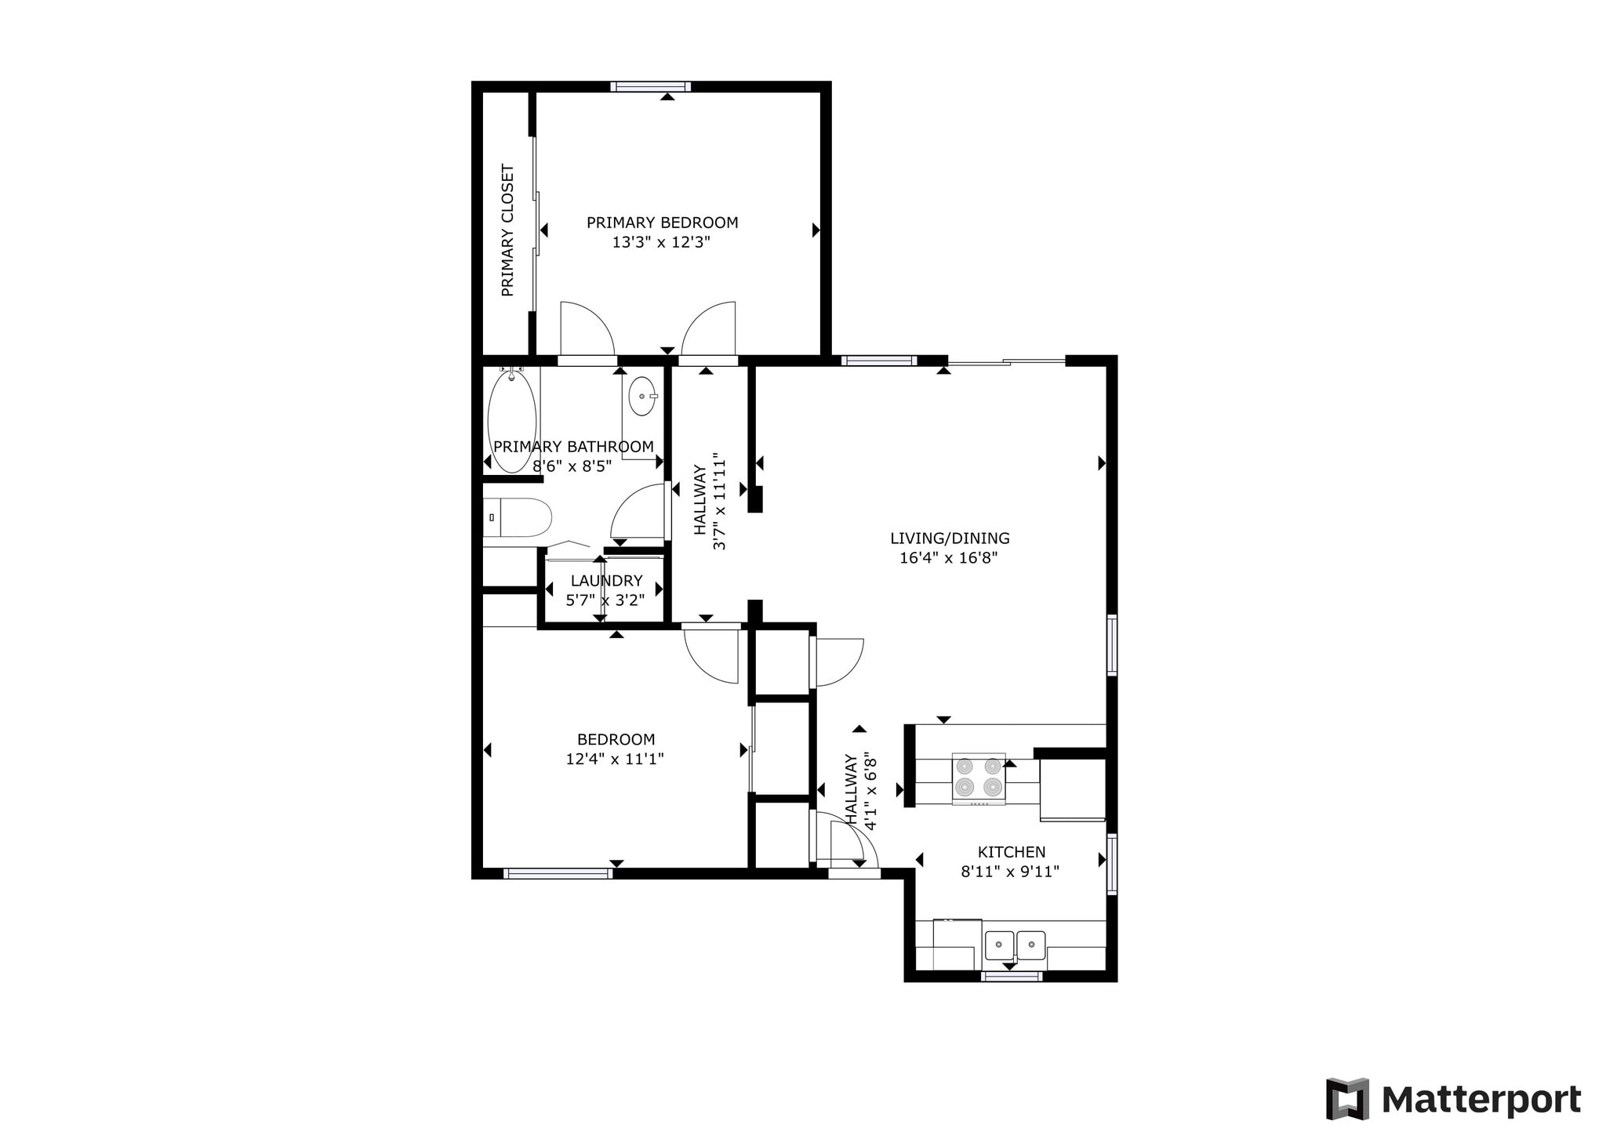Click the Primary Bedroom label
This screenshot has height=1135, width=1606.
point(663,223)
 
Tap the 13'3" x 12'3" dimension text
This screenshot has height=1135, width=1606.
point(661,242)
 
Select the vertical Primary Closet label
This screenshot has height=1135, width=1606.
point(507,230)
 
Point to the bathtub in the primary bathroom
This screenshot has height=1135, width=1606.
point(512,421)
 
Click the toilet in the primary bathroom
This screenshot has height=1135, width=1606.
point(518,517)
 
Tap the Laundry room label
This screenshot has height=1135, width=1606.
point(606,581)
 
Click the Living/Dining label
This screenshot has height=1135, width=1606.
point(950,538)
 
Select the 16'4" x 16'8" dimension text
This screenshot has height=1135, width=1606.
point(949,558)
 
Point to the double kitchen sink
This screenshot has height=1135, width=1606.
point(1016,945)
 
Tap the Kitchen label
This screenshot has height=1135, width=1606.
point(1012,852)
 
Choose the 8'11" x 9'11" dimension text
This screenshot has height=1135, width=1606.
point(1010,872)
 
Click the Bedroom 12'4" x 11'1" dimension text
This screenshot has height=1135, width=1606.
point(615,759)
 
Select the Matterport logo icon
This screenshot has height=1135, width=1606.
point(1347,1099)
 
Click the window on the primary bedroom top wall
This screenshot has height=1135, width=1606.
point(651,86)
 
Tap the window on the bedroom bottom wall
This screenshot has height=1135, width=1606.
point(558,873)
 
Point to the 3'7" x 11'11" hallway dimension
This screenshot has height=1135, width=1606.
point(719,505)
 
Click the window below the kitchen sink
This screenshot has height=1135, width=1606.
point(1012,976)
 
